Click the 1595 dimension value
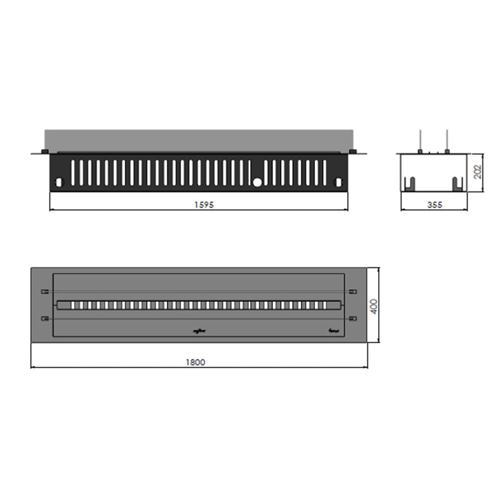pos(198,205)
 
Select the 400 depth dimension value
pos(374,306)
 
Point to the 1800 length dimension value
pos(198,362)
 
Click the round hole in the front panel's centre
pos(257,182)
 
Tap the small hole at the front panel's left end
pos(59,182)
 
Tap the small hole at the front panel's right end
pos(339,182)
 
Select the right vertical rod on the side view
pos(447,141)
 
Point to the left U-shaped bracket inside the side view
pos(410,183)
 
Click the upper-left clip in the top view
pos(44,291)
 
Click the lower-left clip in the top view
pos(44,318)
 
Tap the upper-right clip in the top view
pos(353,291)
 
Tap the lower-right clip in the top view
pos(353,318)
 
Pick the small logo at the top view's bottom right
pos(332,332)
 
